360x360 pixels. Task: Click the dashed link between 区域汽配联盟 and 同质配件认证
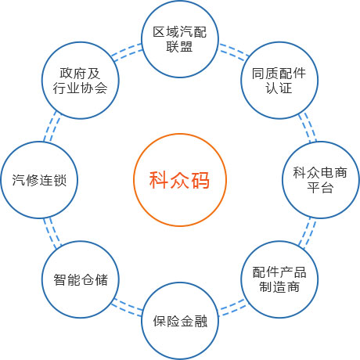tap(233, 52)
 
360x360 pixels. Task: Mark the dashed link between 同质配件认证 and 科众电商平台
tap(308, 128)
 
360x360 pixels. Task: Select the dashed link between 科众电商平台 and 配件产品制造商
tap(308, 233)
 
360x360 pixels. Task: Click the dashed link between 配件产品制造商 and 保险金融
tap(232, 308)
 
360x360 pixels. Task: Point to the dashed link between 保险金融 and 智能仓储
tap(128, 308)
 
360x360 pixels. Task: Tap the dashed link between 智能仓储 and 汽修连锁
tap(52, 232)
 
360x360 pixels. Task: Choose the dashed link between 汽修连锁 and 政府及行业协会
tap(52, 127)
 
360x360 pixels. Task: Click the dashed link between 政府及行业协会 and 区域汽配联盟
tap(127, 52)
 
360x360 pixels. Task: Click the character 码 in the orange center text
tap(200, 180)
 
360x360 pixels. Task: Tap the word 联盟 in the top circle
tap(179, 47)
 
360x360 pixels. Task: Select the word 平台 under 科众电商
tap(320, 187)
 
